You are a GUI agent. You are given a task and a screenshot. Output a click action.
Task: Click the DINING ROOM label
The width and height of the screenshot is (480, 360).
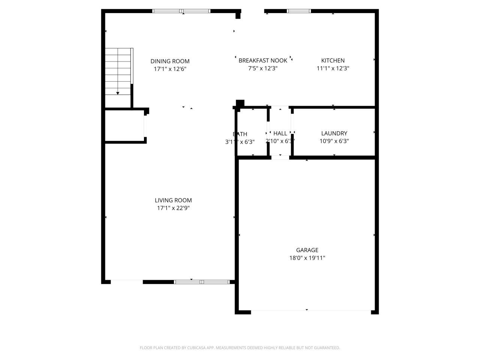(x=170, y=61)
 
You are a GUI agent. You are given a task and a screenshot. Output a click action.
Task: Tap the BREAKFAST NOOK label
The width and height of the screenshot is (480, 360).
(x=263, y=60)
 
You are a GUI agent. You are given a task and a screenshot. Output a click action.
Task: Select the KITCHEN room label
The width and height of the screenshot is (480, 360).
(x=333, y=60)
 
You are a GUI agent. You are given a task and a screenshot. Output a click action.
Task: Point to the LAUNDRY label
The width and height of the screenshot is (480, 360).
(x=334, y=133)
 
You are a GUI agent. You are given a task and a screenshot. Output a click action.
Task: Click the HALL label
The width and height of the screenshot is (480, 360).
(x=280, y=133)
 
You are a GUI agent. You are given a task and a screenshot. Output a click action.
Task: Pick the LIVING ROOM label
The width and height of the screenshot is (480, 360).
(x=173, y=200)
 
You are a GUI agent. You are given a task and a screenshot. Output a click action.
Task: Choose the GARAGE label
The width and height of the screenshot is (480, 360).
(x=307, y=250)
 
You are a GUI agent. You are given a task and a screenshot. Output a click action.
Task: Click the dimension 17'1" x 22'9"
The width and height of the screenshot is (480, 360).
(x=173, y=208)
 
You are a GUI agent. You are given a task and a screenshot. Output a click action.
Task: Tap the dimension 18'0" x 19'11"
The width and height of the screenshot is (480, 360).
(x=307, y=258)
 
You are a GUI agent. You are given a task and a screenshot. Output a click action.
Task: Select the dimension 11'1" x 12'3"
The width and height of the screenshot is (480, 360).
(x=333, y=68)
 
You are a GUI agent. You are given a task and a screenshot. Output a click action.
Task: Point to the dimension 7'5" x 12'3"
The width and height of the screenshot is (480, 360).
(x=263, y=68)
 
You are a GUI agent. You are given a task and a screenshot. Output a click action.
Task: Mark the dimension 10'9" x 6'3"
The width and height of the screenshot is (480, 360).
(x=334, y=141)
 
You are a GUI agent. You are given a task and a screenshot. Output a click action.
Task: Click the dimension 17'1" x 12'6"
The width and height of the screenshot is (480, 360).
(x=170, y=69)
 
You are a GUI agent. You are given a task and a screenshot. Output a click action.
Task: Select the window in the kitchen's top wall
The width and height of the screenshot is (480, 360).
(x=299, y=11)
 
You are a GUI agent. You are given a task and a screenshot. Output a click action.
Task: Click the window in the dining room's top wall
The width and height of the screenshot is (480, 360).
(x=181, y=11)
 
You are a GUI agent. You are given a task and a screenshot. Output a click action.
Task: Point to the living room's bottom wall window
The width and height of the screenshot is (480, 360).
(x=202, y=282)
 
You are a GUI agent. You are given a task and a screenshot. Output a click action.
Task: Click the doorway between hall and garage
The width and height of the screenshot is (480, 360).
(x=280, y=157)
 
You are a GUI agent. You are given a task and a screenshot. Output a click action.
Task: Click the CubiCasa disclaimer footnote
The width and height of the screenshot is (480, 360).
(x=240, y=348)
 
